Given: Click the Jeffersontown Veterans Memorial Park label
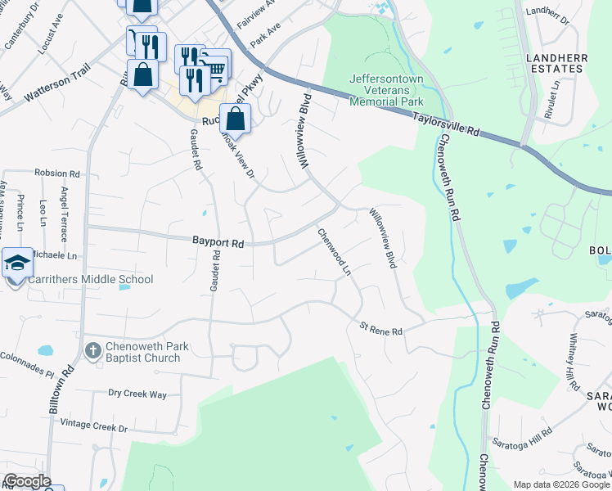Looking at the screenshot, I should (x=386, y=90).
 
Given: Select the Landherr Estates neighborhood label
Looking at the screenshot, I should (x=555, y=63).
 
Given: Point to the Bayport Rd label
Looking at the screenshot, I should (x=218, y=243).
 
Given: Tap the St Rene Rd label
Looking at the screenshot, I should (x=381, y=331).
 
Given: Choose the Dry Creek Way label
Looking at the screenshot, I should (x=137, y=394).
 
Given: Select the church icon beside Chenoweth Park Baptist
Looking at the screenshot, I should (x=92, y=351).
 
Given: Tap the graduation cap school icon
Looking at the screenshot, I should (x=17, y=263).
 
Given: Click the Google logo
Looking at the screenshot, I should (x=27, y=481).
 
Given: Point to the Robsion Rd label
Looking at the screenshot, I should (x=56, y=173).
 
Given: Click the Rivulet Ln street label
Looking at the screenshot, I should (x=555, y=96).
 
